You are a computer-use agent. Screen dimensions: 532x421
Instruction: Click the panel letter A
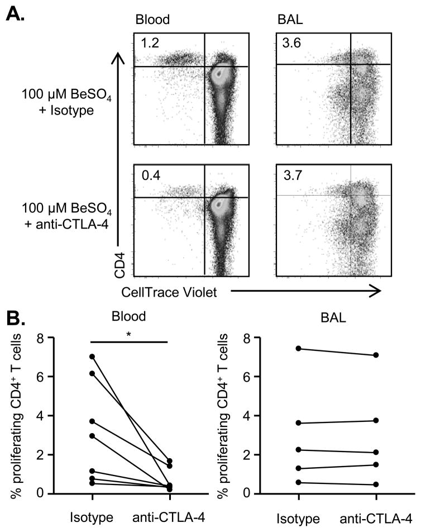(x=15, y=12)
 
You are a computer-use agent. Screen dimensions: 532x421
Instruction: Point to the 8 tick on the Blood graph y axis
(x=40, y=338)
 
